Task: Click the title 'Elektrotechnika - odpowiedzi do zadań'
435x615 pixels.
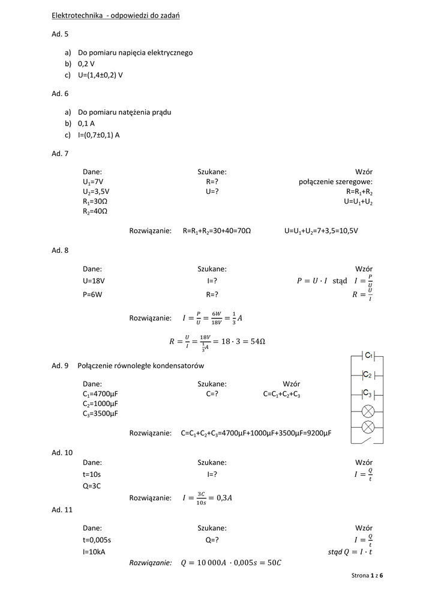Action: click(x=116, y=16)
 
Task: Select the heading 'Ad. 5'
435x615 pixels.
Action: click(x=60, y=34)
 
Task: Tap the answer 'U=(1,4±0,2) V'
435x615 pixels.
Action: click(x=100, y=75)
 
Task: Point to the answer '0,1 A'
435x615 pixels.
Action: click(x=86, y=123)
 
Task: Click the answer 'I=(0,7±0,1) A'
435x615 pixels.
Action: click(x=98, y=135)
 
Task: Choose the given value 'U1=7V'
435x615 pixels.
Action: click(x=94, y=181)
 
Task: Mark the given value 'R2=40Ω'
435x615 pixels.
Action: click(x=95, y=211)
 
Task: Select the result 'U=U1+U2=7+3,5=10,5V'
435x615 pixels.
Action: click(x=321, y=231)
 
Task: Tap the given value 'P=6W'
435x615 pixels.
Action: click(x=93, y=294)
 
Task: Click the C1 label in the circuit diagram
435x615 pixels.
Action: click(x=370, y=356)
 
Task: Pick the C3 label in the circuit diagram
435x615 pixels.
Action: click(x=369, y=394)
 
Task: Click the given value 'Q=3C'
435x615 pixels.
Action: click(x=92, y=485)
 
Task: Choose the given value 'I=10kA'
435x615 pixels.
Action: click(x=94, y=551)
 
